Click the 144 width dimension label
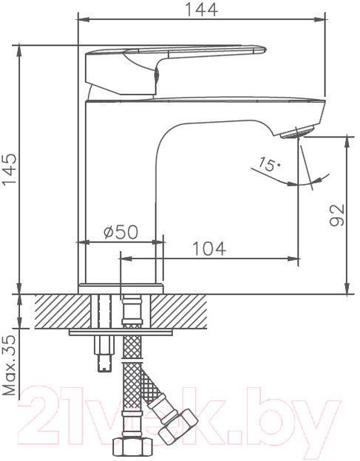coord(202,10)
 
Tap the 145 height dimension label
coord(10,169)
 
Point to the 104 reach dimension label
coord(209,248)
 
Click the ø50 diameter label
coord(120,232)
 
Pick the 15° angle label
coord(269,164)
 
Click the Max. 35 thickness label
coord(10,365)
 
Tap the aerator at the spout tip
coord(298,132)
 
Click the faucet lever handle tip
coord(260,50)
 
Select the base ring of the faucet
coord(121,288)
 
